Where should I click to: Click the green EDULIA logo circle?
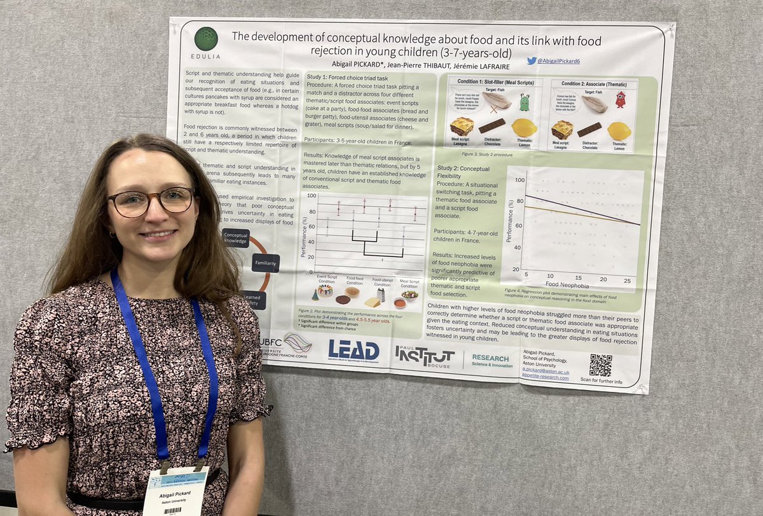pos(206,39)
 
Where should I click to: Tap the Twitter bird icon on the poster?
pos(532,60)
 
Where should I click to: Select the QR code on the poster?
pos(600,365)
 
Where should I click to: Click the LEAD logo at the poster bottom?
pos(354,351)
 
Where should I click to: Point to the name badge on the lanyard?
pos(176,491)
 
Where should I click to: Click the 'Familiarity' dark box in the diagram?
pos(265,263)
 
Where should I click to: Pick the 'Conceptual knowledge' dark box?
pos(235,238)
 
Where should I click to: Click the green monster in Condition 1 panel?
pos(524,102)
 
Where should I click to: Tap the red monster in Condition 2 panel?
pos(620,99)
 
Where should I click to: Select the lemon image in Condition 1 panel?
pos(524,128)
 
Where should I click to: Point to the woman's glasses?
pos(151,202)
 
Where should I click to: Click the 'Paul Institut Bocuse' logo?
pos(424,356)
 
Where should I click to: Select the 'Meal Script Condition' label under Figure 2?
pos(409,283)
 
